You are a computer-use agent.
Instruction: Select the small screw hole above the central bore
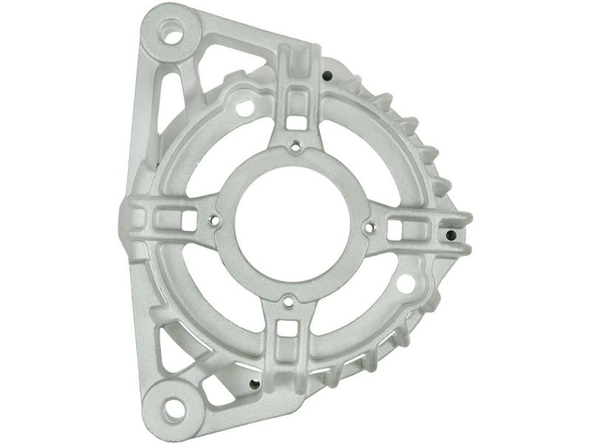pyautogui.click(x=295, y=146)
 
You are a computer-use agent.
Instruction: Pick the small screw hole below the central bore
pyautogui.click(x=288, y=300)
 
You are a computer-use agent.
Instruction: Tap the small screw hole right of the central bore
pyautogui.click(x=370, y=228)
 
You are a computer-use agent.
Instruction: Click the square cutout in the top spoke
pyautogui.click(x=298, y=119)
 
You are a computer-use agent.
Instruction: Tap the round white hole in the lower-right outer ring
pyautogui.click(x=406, y=283)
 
